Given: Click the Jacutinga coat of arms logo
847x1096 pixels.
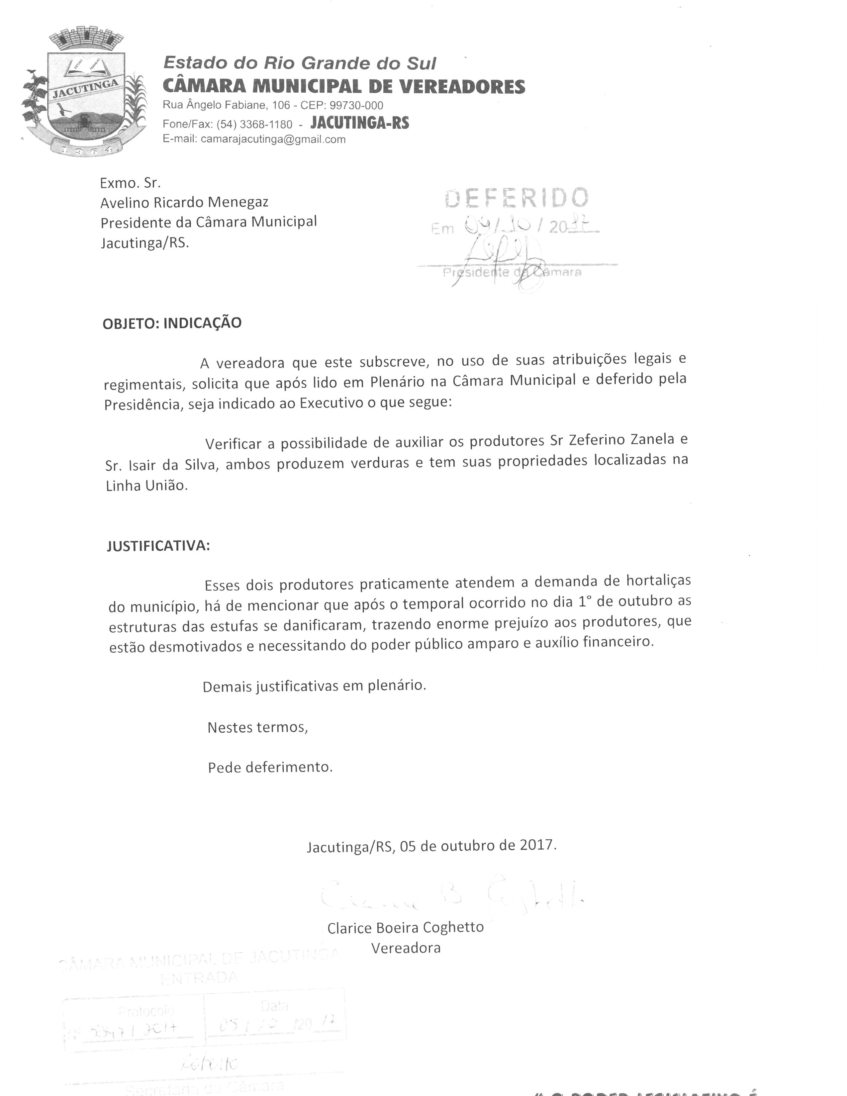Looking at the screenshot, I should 84,93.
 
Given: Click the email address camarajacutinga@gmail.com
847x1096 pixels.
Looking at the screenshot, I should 273,139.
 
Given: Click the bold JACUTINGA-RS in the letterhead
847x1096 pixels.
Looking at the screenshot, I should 360,123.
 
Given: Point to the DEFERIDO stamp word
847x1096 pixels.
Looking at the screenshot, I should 516,198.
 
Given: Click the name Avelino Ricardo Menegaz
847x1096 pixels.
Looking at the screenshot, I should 184,202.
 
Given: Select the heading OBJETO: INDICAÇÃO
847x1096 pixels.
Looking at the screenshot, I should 172,323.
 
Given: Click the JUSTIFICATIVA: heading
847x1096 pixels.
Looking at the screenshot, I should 158,546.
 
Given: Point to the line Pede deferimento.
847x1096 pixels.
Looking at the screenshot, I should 270,767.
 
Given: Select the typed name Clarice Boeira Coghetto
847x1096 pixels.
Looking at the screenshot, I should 406,927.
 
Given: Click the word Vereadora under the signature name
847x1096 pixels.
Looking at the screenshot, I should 406,948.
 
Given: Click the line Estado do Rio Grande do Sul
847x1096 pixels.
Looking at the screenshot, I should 300,63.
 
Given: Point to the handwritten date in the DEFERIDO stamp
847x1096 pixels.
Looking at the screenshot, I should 532,227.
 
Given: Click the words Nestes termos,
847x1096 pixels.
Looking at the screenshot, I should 257,727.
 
